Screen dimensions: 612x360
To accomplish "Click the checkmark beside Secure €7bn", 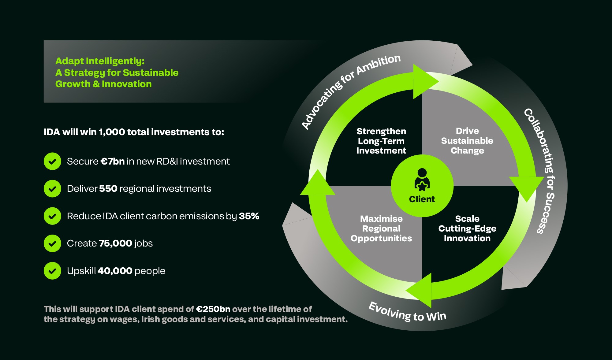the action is coord(52,161).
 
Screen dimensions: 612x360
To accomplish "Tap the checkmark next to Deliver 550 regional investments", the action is coord(52,189).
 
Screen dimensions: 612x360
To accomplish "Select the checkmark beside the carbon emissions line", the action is coord(52,216).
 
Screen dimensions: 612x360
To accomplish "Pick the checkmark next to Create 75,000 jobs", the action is coord(52,243).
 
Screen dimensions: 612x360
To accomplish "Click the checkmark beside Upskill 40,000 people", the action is coord(52,271).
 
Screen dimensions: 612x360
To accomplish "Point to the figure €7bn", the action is coord(113,161).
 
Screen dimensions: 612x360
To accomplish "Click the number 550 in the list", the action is coord(108,189).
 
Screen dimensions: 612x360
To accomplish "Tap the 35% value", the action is coord(249,216).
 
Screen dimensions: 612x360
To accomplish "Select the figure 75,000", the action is coord(115,243).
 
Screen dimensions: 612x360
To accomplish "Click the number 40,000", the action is coord(115,271).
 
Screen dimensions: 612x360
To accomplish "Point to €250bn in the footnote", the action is coord(213,309).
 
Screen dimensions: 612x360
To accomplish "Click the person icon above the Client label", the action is coord(422,180).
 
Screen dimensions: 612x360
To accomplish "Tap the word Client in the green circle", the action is coord(422,199).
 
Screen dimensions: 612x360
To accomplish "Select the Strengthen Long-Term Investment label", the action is coord(381,141).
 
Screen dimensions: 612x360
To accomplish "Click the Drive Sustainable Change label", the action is coord(467,141).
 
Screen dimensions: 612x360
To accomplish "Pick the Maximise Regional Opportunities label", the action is coord(381,228).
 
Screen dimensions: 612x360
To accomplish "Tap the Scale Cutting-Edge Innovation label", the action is coord(467,228).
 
